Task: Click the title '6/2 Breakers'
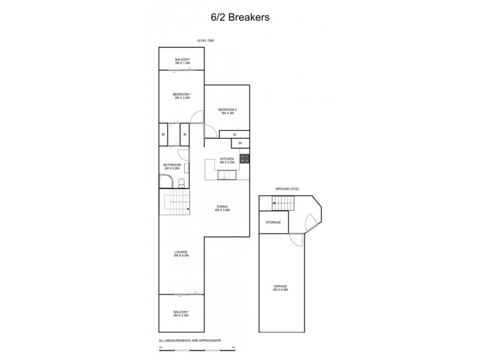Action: [x=239, y=17]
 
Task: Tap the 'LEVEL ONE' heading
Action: [x=205, y=40]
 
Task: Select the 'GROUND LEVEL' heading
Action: [x=287, y=188]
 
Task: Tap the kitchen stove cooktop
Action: [x=245, y=159]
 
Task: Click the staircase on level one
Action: [x=176, y=207]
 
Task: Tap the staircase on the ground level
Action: [x=281, y=206]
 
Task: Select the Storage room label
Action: [x=274, y=223]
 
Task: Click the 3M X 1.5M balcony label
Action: [x=182, y=61]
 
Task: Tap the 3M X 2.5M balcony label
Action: [x=181, y=313]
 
